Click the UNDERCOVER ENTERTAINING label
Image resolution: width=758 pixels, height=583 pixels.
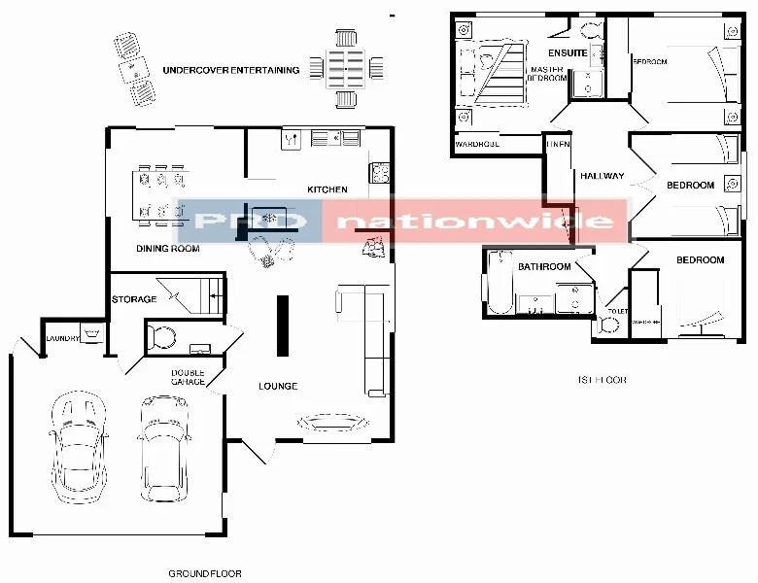tap(230, 70)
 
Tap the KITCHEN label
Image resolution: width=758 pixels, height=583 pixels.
tap(327, 189)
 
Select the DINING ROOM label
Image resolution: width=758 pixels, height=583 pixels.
tap(167, 249)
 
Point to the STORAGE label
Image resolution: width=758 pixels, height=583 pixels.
tap(134, 299)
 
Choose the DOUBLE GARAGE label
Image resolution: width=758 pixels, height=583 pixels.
tap(188, 378)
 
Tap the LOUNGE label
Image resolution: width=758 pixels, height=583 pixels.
tap(278, 387)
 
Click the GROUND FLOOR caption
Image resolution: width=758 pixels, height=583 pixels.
tap(205, 573)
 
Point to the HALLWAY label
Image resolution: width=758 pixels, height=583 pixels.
tap(602, 177)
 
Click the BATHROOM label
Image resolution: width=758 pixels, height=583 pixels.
tap(543, 266)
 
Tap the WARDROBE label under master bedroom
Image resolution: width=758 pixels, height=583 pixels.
tap(477, 145)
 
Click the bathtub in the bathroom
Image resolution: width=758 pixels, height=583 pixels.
tap(500, 283)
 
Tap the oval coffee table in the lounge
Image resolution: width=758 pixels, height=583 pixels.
tap(331, 422)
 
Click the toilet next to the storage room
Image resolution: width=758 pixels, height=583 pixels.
tap(159, 338)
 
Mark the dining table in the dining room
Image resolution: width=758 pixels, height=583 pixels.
tap(160, 194)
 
